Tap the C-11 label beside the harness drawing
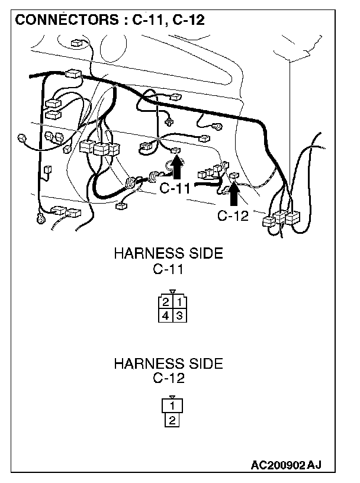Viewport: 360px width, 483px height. point(175,189)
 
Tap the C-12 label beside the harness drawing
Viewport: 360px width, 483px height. point(233,215)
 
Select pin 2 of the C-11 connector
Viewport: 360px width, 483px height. point(165,302)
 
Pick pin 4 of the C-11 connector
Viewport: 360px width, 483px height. point(165,315)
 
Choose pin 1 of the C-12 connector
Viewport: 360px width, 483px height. point(172,406)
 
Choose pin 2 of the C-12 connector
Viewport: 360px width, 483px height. point(172,421)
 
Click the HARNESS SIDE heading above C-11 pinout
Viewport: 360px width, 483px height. point(168,255)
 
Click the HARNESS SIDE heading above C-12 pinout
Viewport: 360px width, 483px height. point(168,363)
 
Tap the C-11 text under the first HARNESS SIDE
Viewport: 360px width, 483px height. point(169,270)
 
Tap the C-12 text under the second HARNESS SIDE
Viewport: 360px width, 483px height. point(169,378)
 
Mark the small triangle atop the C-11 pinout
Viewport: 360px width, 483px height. point(172,292)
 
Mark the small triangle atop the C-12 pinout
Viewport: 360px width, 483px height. point(172,397)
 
